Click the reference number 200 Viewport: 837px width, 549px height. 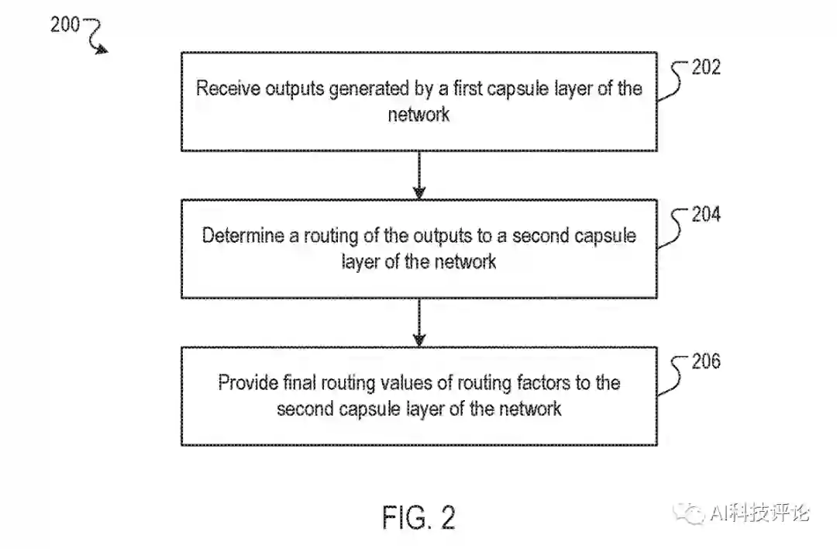coord(65,24)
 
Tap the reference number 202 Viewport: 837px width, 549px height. coord(706,67)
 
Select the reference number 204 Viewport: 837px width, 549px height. coord(706,214)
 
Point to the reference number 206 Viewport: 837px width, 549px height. coord(706,361)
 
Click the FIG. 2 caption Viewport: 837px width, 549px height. coord(418,517)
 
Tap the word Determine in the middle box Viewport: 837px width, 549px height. coord(243,235)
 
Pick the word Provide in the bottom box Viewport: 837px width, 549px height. coord(248,382)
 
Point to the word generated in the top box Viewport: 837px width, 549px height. coord(368,89)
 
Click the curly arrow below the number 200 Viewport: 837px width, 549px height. coord(96,39)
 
